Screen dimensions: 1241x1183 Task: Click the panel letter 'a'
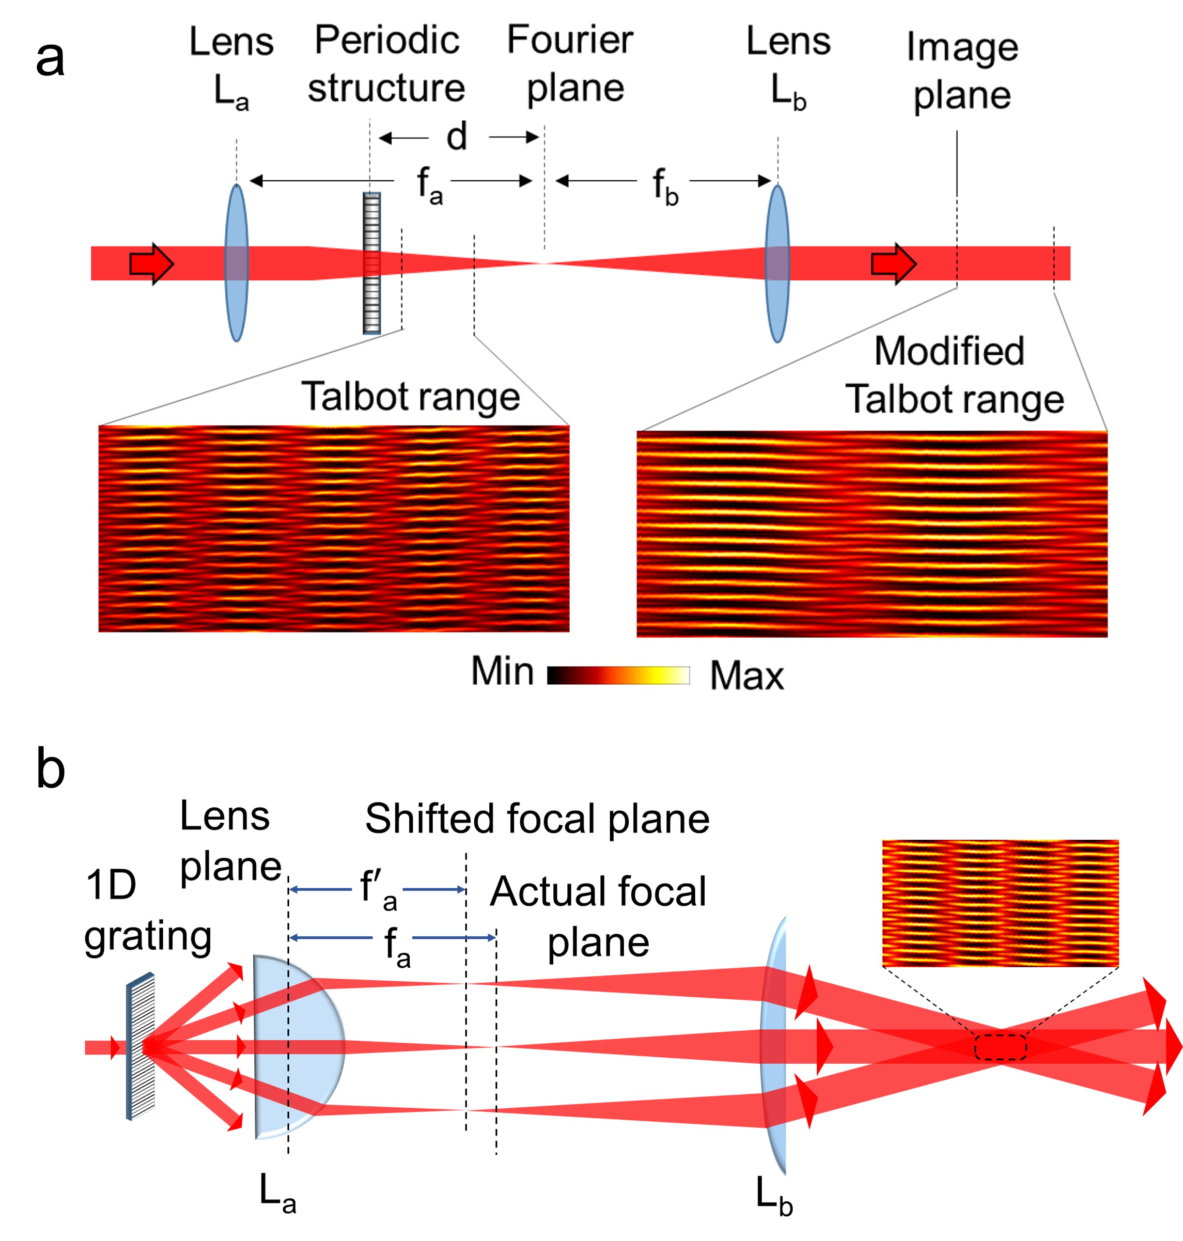50,59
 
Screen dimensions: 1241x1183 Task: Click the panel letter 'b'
50,769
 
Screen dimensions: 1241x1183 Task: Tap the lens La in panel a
236,263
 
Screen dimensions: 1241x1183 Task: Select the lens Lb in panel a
777,263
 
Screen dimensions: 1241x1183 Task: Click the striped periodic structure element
372,263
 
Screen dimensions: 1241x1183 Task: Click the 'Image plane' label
962,71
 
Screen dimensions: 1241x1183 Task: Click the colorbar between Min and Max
618,675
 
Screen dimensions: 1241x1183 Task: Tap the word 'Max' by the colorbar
747,676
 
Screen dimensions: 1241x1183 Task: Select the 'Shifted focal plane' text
537,819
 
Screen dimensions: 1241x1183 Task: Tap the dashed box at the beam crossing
1000,1047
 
